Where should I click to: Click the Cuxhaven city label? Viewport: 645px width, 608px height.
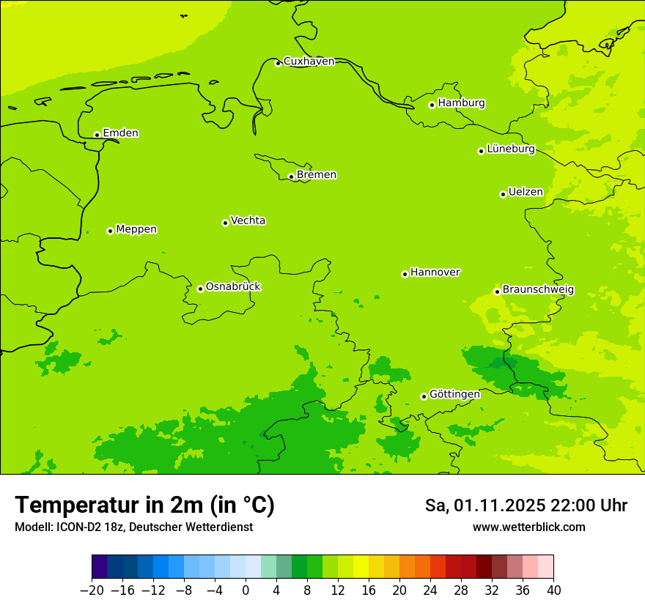pos(309,61)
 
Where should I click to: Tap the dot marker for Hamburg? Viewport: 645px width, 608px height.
pos(432,105)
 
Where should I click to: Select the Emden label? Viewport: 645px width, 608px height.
pos(120,133)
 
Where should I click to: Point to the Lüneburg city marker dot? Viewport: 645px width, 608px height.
pos(481,151)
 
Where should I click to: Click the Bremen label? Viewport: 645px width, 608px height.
pos(316,174)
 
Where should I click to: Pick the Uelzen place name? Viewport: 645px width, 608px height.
pos(526,192)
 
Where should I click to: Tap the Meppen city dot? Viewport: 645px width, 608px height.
pos(110,231)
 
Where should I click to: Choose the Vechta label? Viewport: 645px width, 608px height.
pos(248,220)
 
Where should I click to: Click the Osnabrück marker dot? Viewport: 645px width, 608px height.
pos(200,289)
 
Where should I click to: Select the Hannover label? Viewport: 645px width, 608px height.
pos(435,272)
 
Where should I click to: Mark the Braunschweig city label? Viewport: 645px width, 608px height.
pos(537,289)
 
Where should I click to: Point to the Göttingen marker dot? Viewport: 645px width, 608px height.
pos(424,396)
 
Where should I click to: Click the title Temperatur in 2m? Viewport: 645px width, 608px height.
pos(144,505)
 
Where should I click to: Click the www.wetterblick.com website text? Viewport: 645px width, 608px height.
pos(528,527)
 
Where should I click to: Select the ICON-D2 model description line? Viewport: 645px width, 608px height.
pos(133,527)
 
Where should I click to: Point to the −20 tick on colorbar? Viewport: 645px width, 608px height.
pos(92,590)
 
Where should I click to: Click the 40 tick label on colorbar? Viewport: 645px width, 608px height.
pos(553,590)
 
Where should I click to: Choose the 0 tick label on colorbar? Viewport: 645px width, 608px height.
pos(246,590)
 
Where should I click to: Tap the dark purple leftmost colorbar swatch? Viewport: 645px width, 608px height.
pos(99,567)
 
